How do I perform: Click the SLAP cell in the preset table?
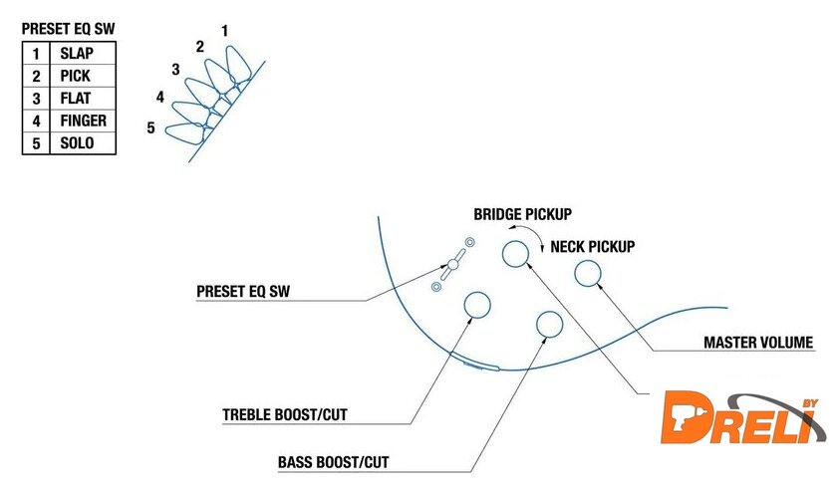tap(78, 54)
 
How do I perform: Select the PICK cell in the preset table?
tap(77, 77)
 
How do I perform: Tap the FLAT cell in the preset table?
tap(77, 99)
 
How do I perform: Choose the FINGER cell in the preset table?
tap(83, 121)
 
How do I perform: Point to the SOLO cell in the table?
tap(77, 143)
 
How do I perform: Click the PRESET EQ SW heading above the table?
tap(69, 30)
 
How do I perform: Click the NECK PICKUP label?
tap(593, 246)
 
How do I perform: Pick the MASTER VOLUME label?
tap(759, 344)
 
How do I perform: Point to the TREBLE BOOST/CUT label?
tap(285, 414)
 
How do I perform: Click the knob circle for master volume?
tap(588, 274)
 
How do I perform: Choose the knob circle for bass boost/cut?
tap(549, 324)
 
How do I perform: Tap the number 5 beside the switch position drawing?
tap(150, 127)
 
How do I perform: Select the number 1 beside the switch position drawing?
tap(225, 31)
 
